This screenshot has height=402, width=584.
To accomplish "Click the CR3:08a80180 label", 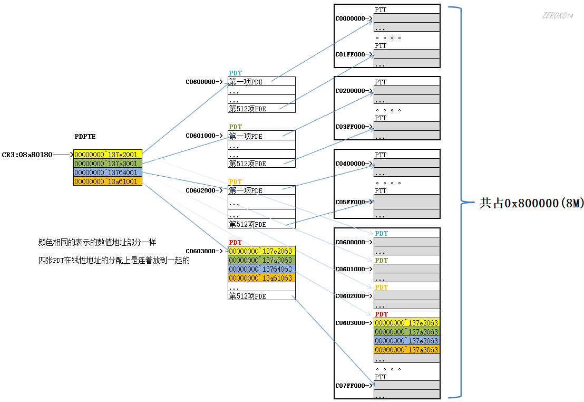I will click(x=26, y=155).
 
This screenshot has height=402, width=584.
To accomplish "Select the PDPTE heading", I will click(x=85, y=136).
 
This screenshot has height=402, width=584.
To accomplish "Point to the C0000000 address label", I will click(x=351, y=18).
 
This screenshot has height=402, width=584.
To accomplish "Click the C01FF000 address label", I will click(x=351, y=54).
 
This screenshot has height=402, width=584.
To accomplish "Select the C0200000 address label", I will click(x=351, y=91).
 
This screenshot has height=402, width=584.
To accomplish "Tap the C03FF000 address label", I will click(x=351, y=127).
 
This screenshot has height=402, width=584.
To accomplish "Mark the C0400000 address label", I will click(x=351, y=164).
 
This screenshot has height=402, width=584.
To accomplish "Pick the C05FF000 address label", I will click(x=351, y=202).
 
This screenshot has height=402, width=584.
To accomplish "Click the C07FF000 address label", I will click(x=351, y=386).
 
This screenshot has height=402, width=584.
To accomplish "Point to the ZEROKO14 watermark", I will click(x=557, y=16).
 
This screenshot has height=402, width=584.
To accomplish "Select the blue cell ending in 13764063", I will click(x=261, y=269).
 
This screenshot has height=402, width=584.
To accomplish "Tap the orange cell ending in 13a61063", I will click(x=261, y=278).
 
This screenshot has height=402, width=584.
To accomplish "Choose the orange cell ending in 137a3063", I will click(x=406, y=350).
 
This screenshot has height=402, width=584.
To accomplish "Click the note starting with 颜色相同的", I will click(x=96, y=242).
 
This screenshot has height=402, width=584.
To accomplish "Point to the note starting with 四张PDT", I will click(x=114, y=261).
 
